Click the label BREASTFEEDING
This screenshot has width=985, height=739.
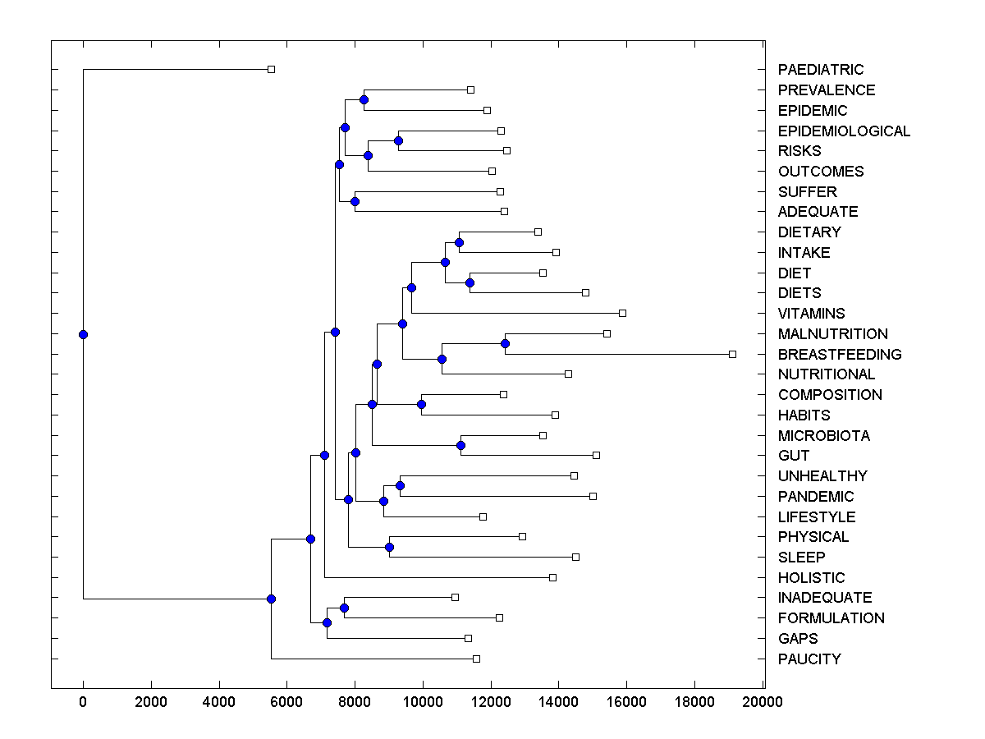pyautogui.click(x=840, y=355)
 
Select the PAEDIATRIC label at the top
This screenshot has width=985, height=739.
pyautogui.click(x=821, y=70)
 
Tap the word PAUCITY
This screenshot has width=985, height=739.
pyautogui.click(x=809, y=659)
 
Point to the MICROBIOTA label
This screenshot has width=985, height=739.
pyautogui.click(x=824, y=436)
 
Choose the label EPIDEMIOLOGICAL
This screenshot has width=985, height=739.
pyautogui.click(x=844, y=131)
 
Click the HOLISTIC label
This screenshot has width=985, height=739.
pyautogui.click(x=811, y=578)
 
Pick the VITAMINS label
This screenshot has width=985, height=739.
pyautogui.click(x=811, y=314)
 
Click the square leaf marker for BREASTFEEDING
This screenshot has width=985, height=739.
pyautogui.click(x=732, y=354)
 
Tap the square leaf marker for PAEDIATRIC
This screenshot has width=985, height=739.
pyautogui.click(x=272, y=70)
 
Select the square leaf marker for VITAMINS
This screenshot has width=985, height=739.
pyautogui.click(x=622, y=313)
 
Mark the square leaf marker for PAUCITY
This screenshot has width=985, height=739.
pyautogui.click(x=476, y=659)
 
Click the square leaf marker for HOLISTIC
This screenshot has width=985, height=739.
pyautogui.click(x=552, y=577)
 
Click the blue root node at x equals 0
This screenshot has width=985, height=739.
pyautogui.click(x=83, y=334)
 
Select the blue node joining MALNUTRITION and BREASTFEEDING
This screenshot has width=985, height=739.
pyautogui.click(x=505, y=343)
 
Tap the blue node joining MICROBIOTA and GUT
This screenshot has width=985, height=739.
pyautogui.click(x=460, y=445)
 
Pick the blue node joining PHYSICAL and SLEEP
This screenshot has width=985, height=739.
pyautogui.click(x=389, y=547)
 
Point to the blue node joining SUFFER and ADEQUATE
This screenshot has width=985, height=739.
pyautogui.click(x=355, y=201)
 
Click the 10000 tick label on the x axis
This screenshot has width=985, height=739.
pyautogui.click(x=423, y=701)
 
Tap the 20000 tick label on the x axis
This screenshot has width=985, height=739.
pyautogui.click(x=763, y=701)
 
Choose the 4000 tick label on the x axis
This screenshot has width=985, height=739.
pyautogui.click(x=218, y=701)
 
